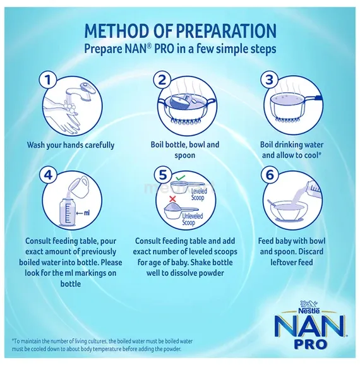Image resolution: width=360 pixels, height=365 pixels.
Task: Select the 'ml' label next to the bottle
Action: pos(86,213)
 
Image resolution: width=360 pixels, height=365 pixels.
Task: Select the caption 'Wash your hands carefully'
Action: pos(71,145)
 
